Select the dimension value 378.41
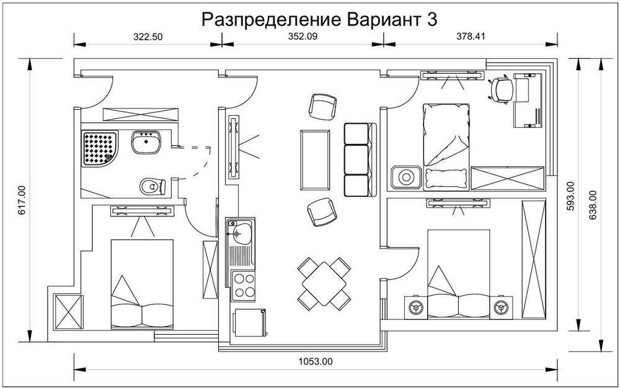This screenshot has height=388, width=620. (x=470, y=37)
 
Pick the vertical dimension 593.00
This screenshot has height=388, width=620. (x=570, y=196)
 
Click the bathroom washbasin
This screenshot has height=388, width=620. (x=146, y=143)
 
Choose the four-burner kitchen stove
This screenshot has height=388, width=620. (x=242, y=286)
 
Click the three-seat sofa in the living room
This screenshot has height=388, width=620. (x=360, y=159)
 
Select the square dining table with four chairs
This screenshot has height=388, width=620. (x=323, y=283)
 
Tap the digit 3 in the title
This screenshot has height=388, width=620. (x=432, y=19)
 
